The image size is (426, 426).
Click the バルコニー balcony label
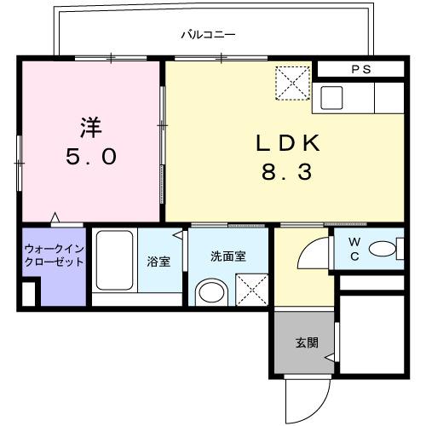point(208,36)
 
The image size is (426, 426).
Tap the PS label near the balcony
point(360,70)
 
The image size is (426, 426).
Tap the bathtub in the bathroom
point(112,260)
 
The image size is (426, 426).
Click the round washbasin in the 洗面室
point(210,294)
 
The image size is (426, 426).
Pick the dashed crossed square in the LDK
point(292,84)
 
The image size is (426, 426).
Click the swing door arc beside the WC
point(313,254)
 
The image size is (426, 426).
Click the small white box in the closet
point(29,294)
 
